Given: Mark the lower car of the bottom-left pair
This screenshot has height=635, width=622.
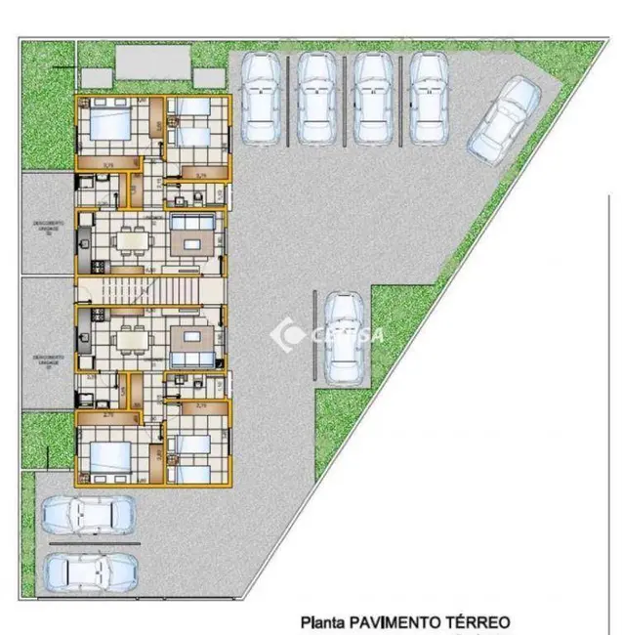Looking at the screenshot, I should pos(89,570).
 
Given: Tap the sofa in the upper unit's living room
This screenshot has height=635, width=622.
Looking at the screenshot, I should pos(194,236).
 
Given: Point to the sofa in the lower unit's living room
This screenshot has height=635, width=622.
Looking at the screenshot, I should pos(194,342).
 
